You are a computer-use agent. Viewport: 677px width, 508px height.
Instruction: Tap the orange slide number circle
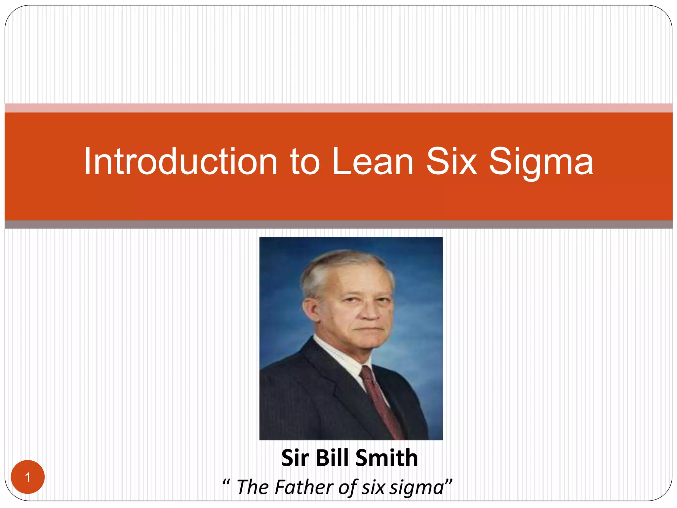(x=28, y=477)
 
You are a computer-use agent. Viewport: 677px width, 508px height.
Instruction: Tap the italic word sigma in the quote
(x=416, y=487)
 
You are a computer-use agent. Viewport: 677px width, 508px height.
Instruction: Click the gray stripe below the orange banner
(x=338, y=225)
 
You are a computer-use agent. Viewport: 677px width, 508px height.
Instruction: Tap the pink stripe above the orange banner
(x=338, y=108)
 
